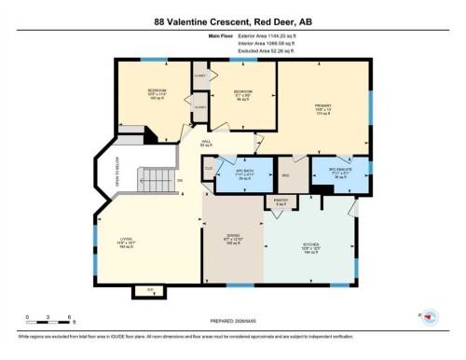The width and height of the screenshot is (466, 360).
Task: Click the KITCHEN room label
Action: coord(310,248)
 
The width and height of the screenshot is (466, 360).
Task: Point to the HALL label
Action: coord(207,143)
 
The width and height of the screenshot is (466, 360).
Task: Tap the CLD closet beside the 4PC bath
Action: coord(208,168)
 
